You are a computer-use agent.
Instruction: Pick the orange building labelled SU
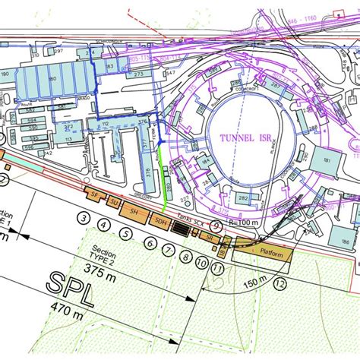pos(113,203)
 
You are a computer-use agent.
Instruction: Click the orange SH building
pos(134,210)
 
